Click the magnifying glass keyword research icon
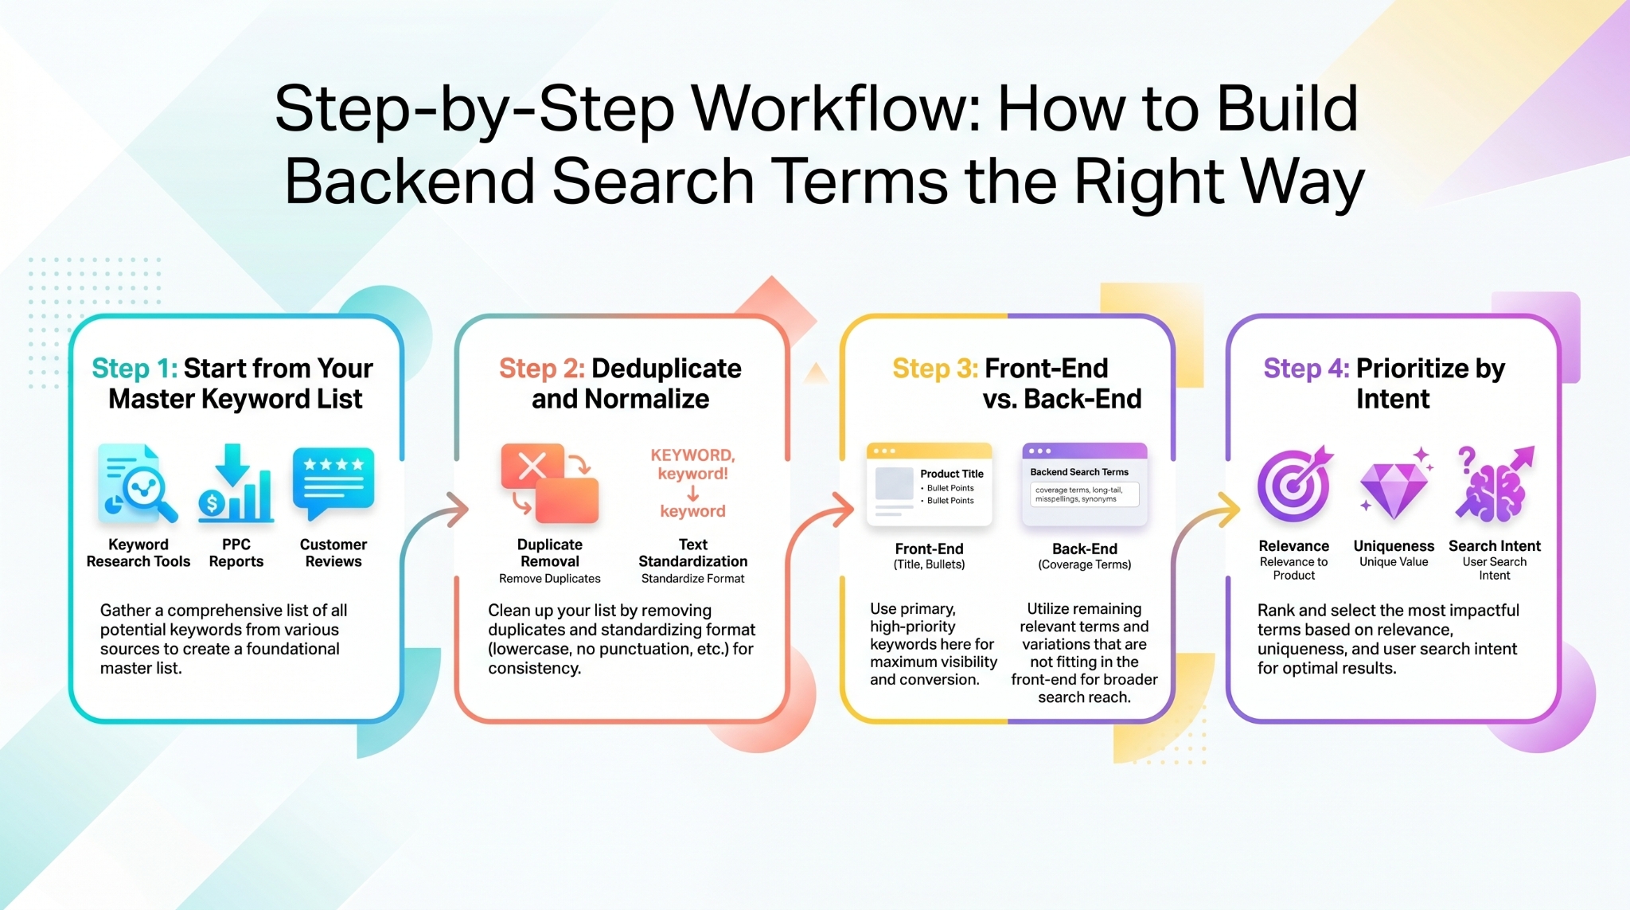pyautogui.click(x=138, y=484)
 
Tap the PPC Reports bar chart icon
pyautogui.click(x=235, y=484)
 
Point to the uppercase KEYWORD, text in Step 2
pyautogui.click(x=692, y=455)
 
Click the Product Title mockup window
pyautogui.click(x=929, y=484)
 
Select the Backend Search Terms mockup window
pyautogui.click(x=1084, y=484)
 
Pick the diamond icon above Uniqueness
pyautogui.click(x=1394, y=487)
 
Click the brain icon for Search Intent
pyautogui.click(x=1493, y=486)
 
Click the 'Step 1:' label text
pyautogui.click(x=135, y=369)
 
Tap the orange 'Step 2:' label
pyautogui.click(x=541, y=369)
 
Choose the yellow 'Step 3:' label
pyautogui.click(x=934, y=369)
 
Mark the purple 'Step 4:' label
pyautogui.click(x=1306, y=369)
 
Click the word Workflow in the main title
pyautogui.click(x=836, y=109)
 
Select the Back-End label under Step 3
pyautogui.click(x=1084, y=549)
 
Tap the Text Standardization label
pyautogui.click(x=692, y=553)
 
